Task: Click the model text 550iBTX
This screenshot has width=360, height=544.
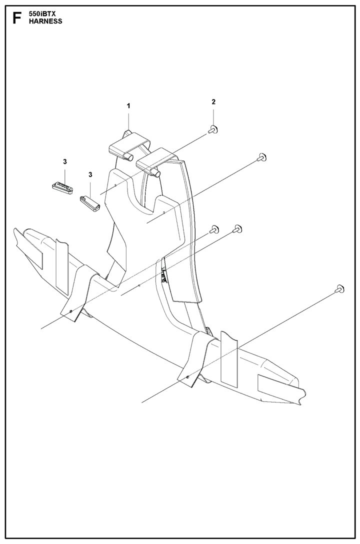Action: pos(40,14)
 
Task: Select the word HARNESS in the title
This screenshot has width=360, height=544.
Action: pos(46,21)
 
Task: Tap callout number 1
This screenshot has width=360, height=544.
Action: pos(128,106)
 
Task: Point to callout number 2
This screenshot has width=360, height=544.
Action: pos(213,101)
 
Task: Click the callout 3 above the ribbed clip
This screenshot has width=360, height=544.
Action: pos(65,161)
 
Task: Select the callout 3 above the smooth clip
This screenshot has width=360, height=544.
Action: pos(90,174)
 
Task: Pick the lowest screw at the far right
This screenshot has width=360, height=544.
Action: pos(339,288)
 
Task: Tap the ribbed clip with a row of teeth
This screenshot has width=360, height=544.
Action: pos(63,187)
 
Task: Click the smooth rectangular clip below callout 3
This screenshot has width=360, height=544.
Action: pos(90,202)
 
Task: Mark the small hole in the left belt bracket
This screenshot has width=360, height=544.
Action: pos(71,311)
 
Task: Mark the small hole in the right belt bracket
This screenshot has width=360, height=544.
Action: pos(187,377)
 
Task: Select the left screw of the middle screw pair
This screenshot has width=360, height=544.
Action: pos(213,229)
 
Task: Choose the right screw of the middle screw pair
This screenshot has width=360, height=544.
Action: pos(237,228)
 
